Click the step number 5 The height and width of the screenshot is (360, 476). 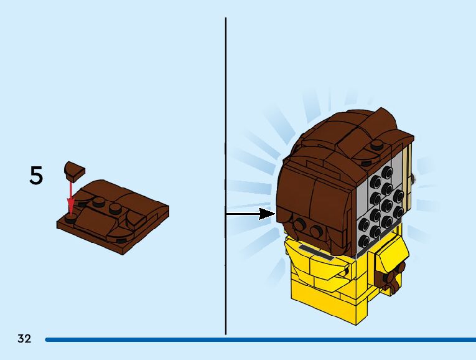pyautogui.click(x=36, y=176)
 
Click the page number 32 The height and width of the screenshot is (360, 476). pyautogui.click(x=24, y=339)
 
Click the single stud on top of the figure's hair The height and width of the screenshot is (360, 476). pyautogui.click(x=377, y=145)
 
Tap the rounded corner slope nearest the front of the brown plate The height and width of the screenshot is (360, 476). pyautogui.click(x=120, y=235)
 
